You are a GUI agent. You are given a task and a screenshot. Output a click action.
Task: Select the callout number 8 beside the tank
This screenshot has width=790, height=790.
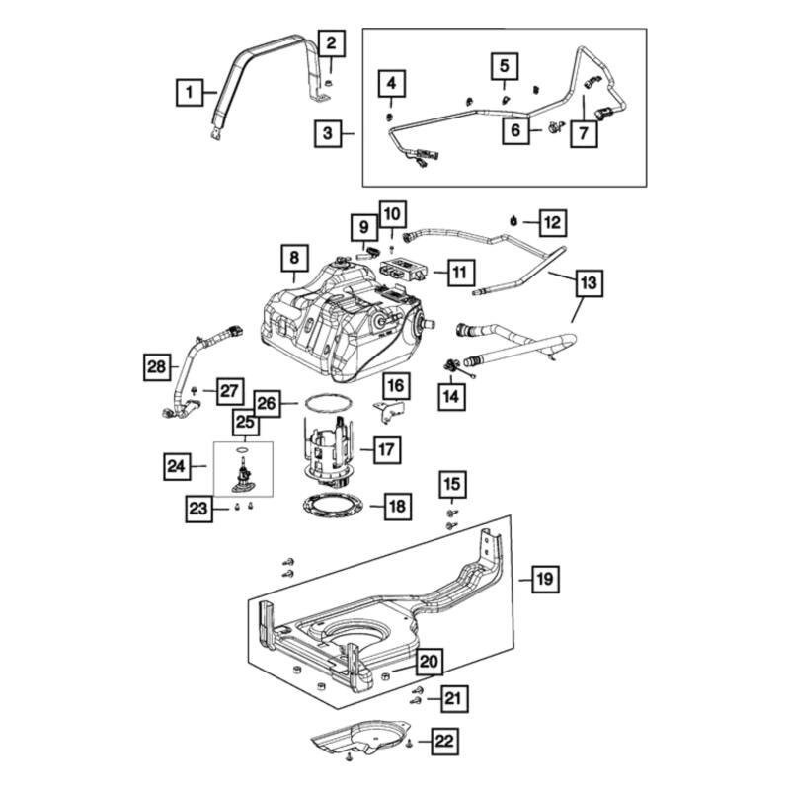[293, 259]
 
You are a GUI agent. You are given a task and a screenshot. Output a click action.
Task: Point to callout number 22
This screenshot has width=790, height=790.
[444, 739]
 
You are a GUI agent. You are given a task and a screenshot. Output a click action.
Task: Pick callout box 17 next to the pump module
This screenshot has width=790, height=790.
[385, 450]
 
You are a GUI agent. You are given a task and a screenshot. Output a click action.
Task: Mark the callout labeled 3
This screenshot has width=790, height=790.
[328, 132]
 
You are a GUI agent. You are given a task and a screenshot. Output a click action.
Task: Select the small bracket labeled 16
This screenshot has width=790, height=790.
[391, 407]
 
